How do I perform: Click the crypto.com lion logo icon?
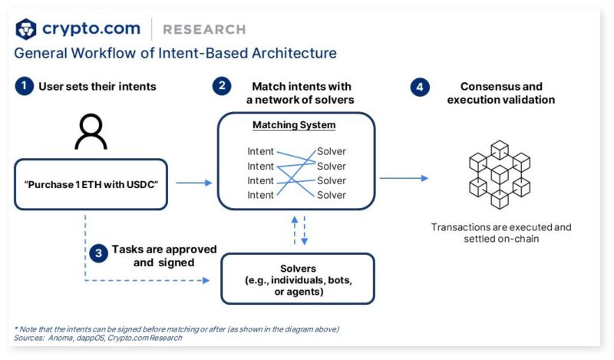[x=26, y=29]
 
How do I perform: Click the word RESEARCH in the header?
[x=204, y=30]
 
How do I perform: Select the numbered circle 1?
[x=25, y=86]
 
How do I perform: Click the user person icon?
[x=91, y=132]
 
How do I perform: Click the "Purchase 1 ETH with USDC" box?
[x=91, y=183]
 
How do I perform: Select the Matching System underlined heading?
[x=296, y=125]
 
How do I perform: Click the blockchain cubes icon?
[x=500, y=174]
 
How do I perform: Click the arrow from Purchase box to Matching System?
[x=193, y=183]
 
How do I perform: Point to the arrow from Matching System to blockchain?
[x=404, y=178]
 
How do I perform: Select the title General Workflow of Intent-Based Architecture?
[x=175, y=54]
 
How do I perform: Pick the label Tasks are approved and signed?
[x=163, y=256]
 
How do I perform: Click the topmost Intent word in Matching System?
[x=260, y=152]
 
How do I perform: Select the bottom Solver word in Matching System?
[x=332, y=195]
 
